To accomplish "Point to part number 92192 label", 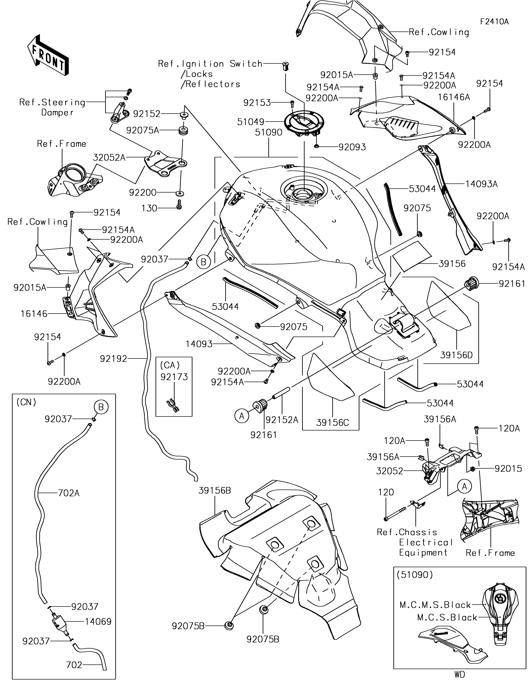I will (113, 359).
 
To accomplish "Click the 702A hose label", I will (69, 493).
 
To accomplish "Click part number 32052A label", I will (109, 157).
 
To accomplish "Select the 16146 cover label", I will (34, 314).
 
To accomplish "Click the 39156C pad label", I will (332, 423).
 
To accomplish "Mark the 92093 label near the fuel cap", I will (352, 147).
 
